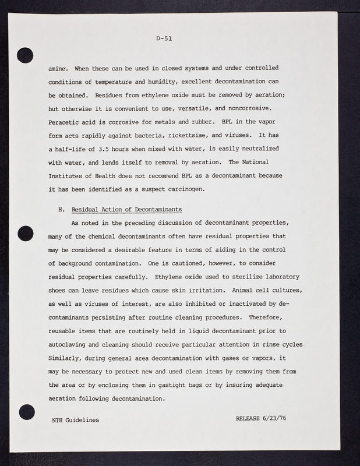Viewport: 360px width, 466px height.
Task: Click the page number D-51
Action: click(164, 40)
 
